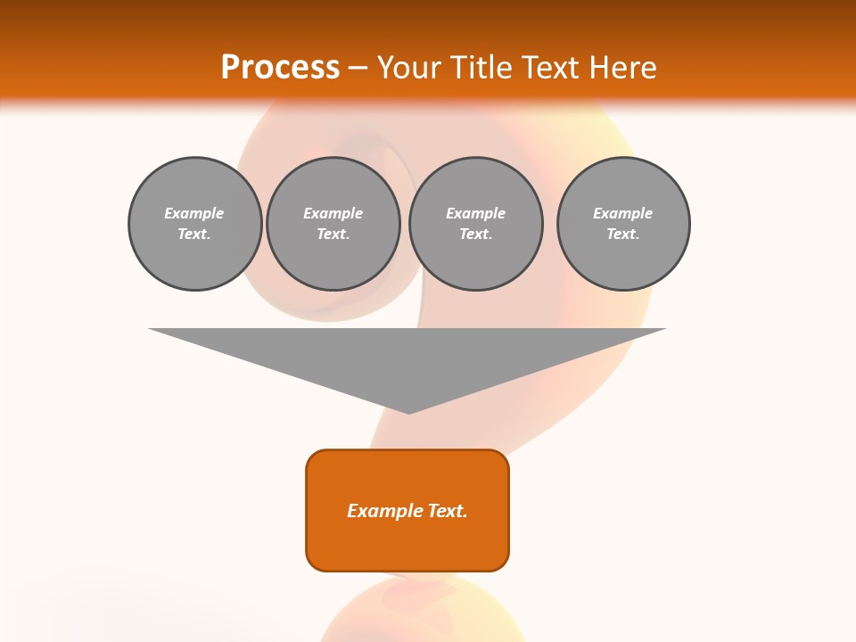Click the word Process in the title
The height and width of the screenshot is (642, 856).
pyautogui.click(x=280, y=67)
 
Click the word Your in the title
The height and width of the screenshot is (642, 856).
pyautogui.click(x=409, y=67)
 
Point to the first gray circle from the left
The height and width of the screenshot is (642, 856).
pyautogui.click(x=195, y=224)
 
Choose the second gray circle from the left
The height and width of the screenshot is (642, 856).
pyautogui.click(x=333, y=224)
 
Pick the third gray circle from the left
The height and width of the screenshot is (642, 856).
pyautogui.click(x=475, y=224)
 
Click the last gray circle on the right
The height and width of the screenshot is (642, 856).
pyautogui.click(x=623, y=224)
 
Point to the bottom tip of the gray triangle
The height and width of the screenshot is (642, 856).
pyautogui.click(x=408, y=412)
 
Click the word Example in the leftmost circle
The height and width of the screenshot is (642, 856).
pyautogui.click(x=194, y=213)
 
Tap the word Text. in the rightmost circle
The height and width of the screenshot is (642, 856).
pyautogui.click(x=623, y=235)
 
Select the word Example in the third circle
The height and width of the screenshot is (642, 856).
pyautogui.click(x=475, y=213)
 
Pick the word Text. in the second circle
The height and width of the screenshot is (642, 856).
pyautogui.click(x=333, y=235)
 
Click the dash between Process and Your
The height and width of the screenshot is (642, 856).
pyautogui.click(x=358, y=68)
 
